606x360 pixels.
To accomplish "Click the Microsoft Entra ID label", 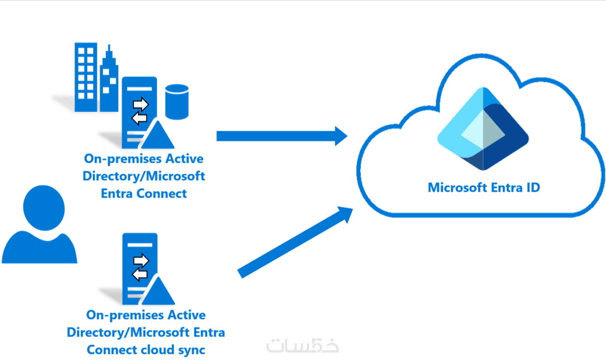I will point(483,188).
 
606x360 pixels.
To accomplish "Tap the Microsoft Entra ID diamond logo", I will point(482,129).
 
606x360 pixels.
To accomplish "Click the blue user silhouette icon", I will point(39,226).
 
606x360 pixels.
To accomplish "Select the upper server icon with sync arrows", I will point(139,109).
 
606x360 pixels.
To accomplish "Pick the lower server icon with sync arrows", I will point(140,264).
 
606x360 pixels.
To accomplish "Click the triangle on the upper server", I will point(157,134).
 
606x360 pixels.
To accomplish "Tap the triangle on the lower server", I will point(157,290).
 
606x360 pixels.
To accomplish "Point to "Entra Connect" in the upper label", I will point(144,193).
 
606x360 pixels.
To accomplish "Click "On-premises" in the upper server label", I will point(124,159).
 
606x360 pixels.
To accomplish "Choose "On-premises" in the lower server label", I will point(125,315).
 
